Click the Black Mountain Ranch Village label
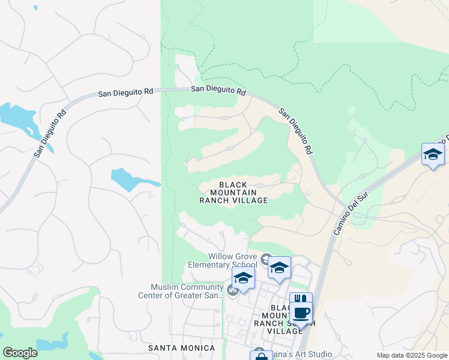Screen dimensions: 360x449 (x=234, y=192)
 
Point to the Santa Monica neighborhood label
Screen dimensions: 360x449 (x=181, y=348)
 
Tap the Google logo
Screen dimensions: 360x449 (x=20, y=353)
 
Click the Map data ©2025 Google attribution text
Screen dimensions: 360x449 (x=412, y=355)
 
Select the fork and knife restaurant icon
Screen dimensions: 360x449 (x=301, y=299)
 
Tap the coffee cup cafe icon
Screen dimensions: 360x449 (x=302, y=313)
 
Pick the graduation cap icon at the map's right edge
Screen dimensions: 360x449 (x=433, y=155)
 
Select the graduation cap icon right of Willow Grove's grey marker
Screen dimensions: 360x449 (x=279, y=268)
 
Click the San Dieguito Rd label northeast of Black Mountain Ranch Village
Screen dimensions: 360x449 (x=297, y=130)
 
